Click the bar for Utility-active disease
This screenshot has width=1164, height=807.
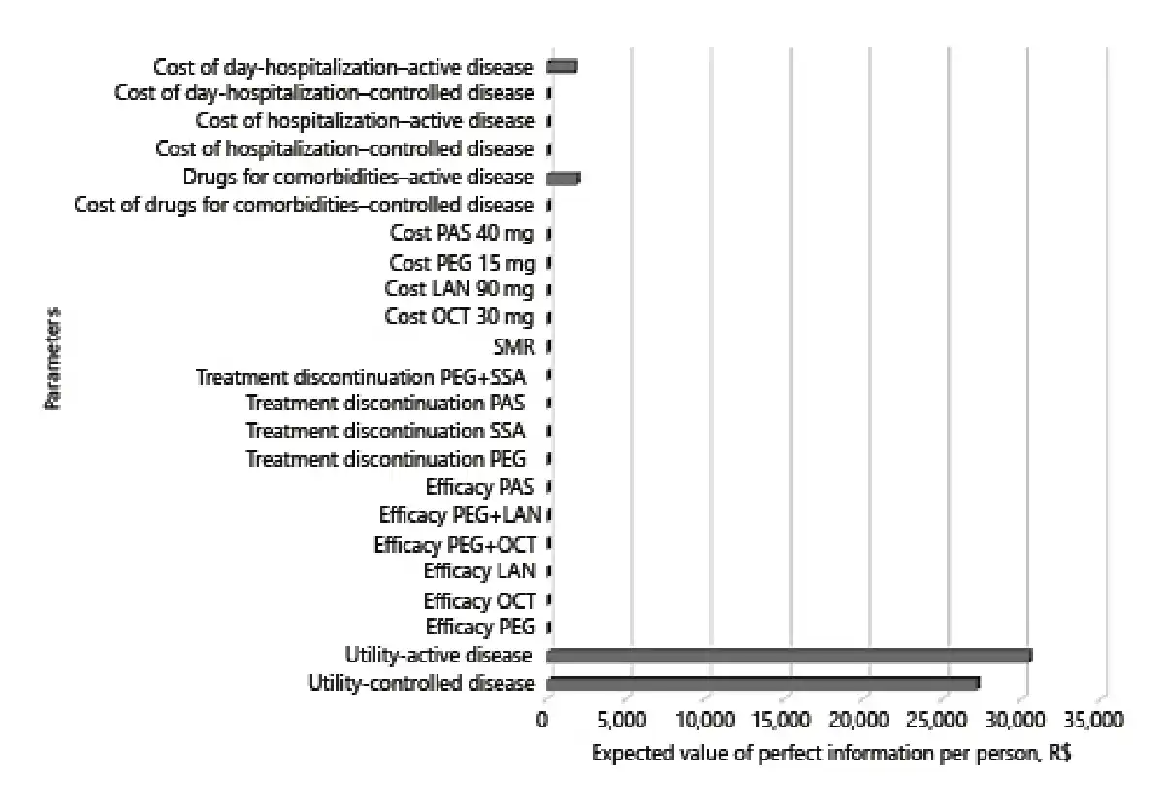789,656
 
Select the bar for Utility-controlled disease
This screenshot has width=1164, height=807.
763,683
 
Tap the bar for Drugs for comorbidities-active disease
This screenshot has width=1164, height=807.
564,178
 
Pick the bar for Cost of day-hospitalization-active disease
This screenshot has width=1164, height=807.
563,66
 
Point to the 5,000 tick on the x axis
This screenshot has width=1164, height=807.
631,721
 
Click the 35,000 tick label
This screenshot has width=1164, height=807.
1096,721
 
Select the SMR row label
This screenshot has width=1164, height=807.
514,346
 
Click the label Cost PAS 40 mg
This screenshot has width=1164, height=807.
462,234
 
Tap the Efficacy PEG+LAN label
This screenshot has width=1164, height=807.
460,515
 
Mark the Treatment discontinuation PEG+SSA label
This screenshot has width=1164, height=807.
365,376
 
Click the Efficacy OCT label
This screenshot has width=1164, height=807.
479,600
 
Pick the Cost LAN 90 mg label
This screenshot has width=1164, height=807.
459,290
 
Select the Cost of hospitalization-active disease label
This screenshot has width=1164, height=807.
365,121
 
